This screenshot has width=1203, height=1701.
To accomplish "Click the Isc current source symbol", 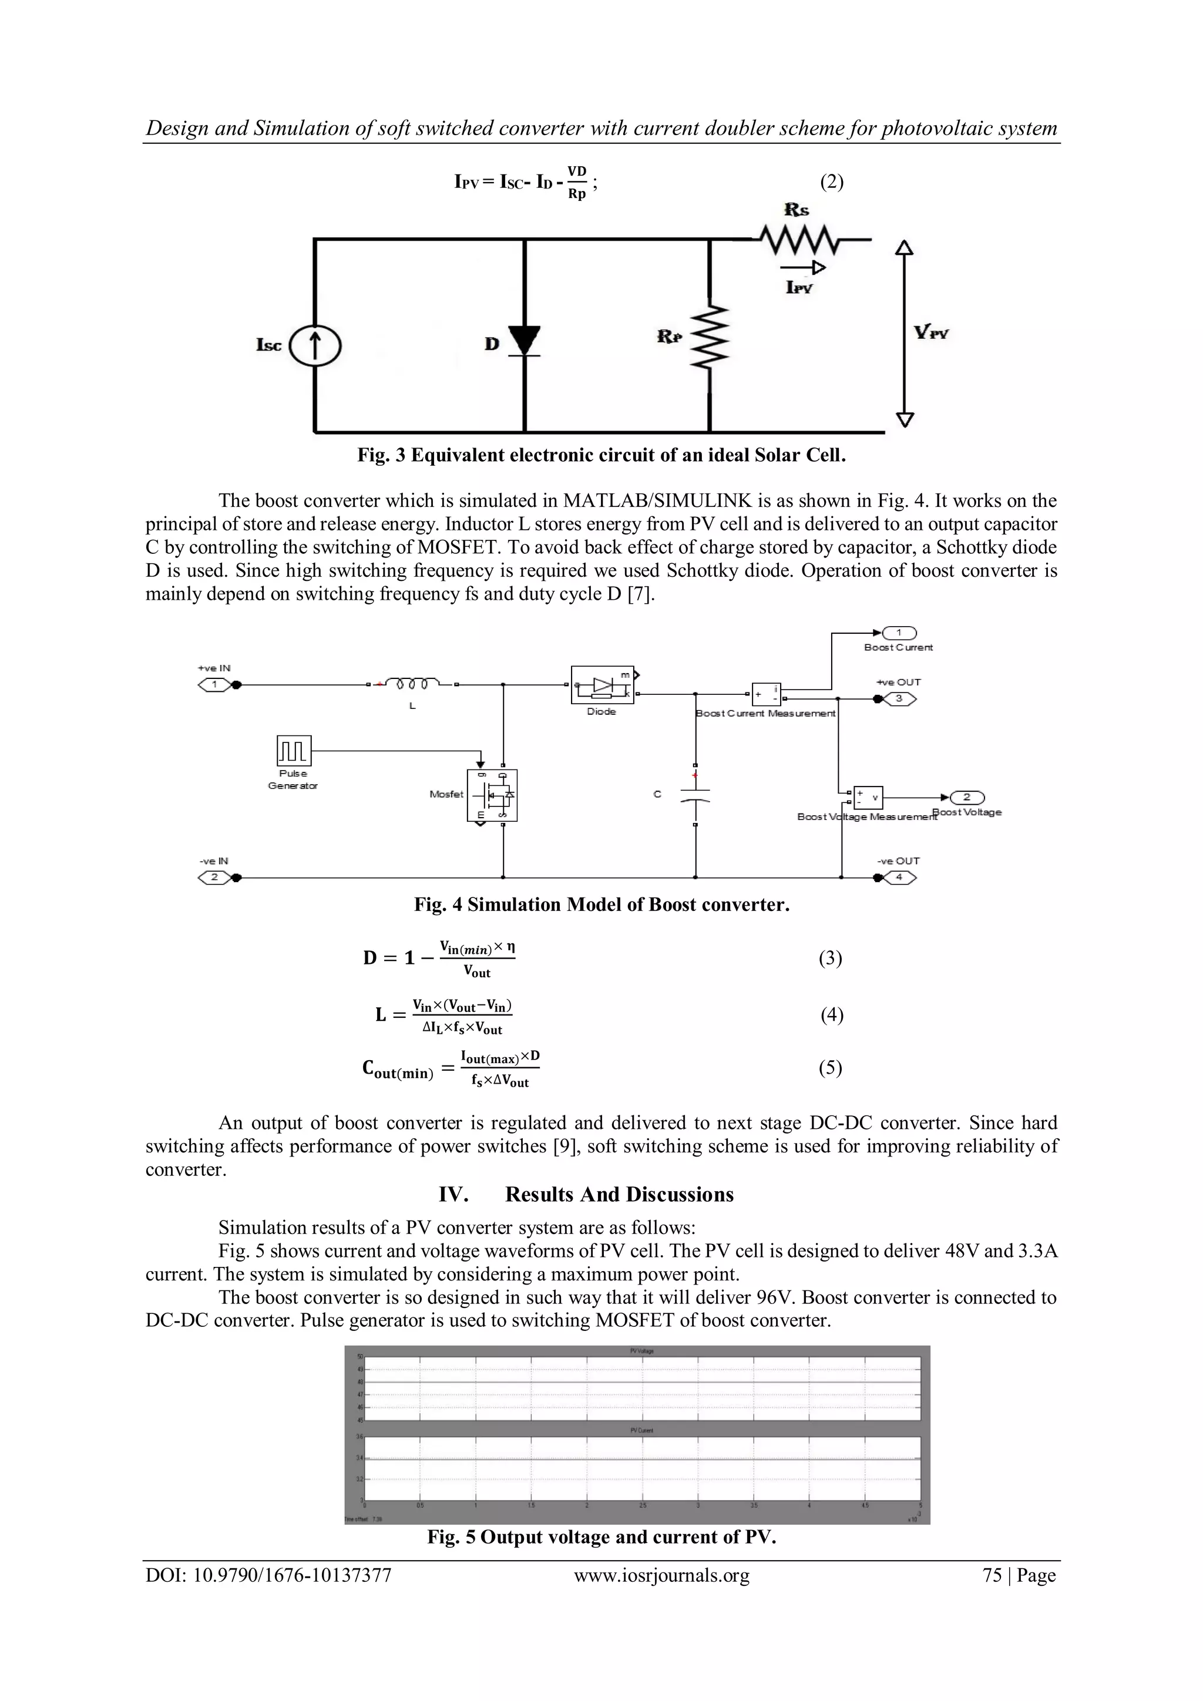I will (315, 346).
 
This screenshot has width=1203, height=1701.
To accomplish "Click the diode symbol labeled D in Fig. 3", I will (525, 341).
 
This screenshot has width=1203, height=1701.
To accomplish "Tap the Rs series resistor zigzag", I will (797, 239).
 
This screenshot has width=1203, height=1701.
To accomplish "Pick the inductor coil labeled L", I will (412, 683).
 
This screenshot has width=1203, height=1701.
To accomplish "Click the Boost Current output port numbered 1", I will (899, 633).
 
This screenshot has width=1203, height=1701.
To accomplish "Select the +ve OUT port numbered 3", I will (899, 698).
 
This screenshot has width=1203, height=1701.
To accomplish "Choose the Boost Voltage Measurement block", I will (868, 797).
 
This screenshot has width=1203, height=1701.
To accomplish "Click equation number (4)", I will (831, 1015).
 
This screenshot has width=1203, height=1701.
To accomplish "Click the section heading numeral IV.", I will (453, 1194).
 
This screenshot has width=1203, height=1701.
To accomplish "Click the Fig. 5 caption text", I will (601, 1537).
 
